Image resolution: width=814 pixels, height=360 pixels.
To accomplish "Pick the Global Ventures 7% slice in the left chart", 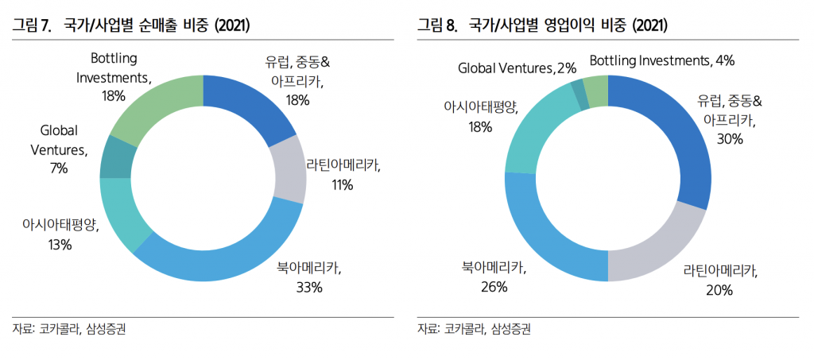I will (x=118, y=157).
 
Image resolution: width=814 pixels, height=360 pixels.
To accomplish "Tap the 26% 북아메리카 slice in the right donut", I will (x=541, y=230).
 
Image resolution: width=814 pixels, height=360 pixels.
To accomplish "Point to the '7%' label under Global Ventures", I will (x=59, y=168).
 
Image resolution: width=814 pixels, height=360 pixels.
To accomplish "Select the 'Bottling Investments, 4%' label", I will (x=661, y=60).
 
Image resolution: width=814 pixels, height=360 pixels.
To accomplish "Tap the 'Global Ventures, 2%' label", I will (x=517, y=68).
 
